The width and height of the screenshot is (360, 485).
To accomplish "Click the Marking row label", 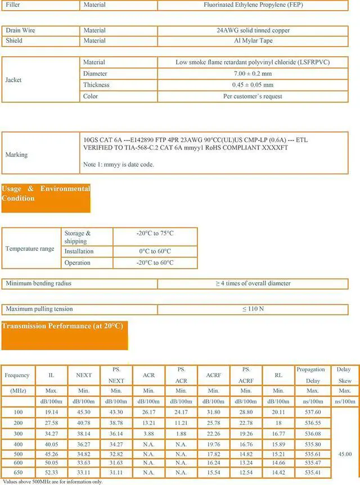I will [x=16, y=155].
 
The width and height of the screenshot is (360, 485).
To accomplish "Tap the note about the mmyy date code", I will [x=118, y=165].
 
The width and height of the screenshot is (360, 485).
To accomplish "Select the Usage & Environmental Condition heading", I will [x=46, y=193].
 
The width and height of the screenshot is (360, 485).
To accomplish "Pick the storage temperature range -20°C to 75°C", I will [x=155, y=233].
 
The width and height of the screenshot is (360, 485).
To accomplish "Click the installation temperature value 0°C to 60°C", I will [x=155, y=251].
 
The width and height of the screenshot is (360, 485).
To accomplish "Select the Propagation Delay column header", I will [x=310, y=375].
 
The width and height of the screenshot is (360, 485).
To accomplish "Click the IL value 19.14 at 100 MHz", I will [x=51, y=413].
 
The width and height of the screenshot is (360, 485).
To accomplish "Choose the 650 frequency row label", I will [x=17, y=474].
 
